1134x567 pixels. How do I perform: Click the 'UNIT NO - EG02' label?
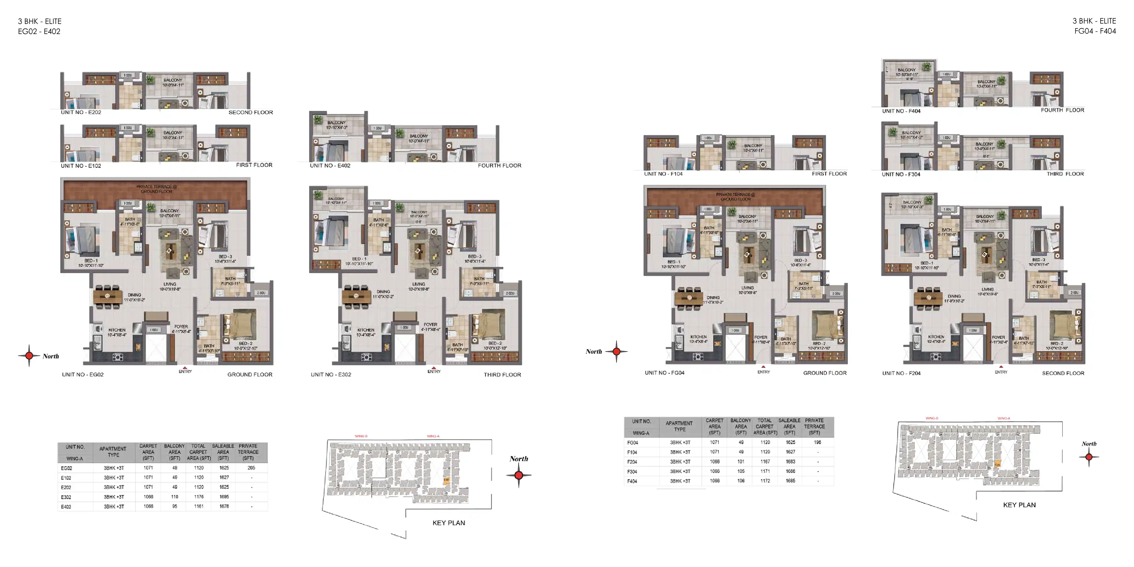pyautogui.click(x=83, y=375)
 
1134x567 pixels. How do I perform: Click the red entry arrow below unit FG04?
pyautogui.click(x=763, y=367)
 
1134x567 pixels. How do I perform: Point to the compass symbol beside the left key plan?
pyautogui.click(x=518, y=475)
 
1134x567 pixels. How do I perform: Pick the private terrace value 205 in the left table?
pyautogui.click(x=251, y=468)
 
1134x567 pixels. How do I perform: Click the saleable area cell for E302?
pyautogui.click(x=224, y=497)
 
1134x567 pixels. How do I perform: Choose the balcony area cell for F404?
pyautogui.click(x=741, y=481)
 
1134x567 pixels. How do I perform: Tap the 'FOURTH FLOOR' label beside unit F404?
pyautogui.click(x=1062, y=110)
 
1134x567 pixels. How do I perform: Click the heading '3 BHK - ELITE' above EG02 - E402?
pyautogui.click(x=40, y=21)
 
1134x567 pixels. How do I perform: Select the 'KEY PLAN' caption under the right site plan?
pyautogui.click(x=1019, y=505)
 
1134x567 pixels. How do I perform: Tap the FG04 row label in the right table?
pyautogui.click(x=633, y=443)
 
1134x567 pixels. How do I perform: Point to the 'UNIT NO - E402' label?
pyautogui.click(x=330, y=165)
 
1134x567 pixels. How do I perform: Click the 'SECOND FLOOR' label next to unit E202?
pyautogui.click(x=250, y=112)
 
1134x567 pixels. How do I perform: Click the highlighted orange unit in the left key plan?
pyautogui.click(x=446, y=480)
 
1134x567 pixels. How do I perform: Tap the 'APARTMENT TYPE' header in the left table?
pyautogui.click(x=113, y=452)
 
